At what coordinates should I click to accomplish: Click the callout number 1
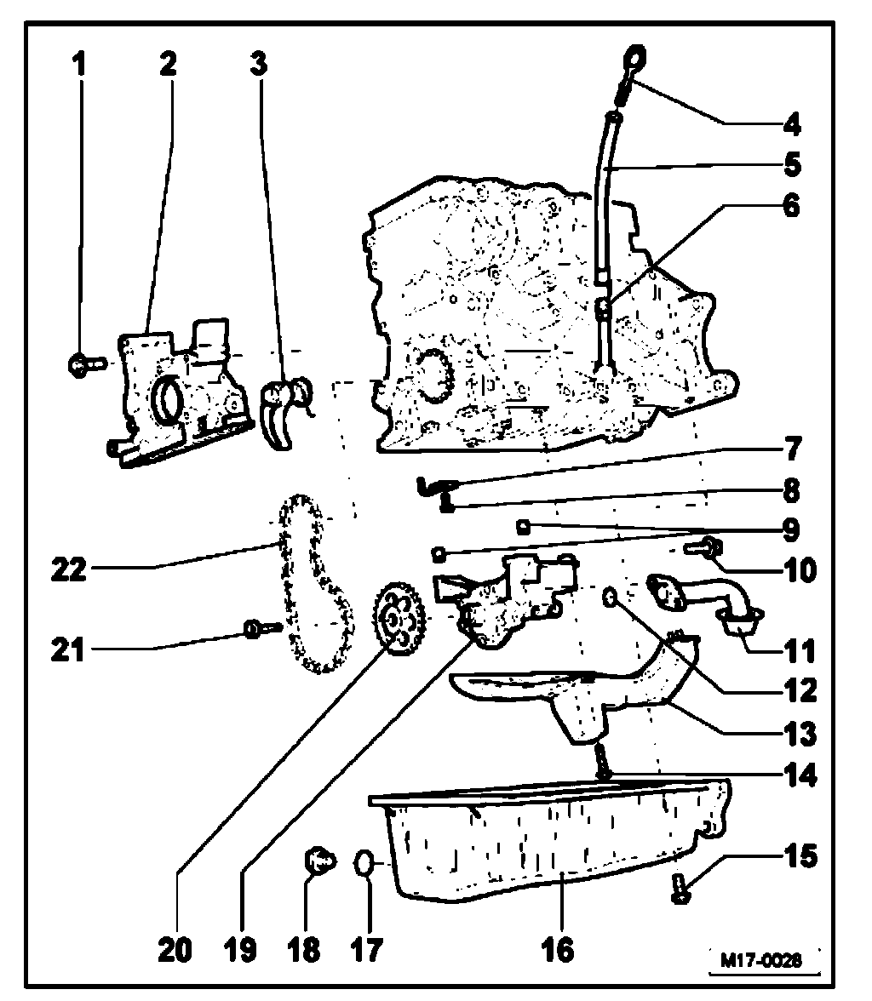coord(81,66)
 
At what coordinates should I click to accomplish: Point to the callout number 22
coord(68,570)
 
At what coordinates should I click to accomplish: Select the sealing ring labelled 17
coord(364,864)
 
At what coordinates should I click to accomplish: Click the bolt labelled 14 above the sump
coord(603,760)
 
